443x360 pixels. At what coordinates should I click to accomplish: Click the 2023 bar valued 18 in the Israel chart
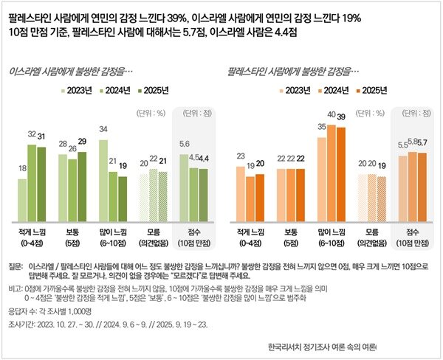(x=22, y=199)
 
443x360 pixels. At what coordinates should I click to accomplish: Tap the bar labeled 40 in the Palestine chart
(x=331, y=173)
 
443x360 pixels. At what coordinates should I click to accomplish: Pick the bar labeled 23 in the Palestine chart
(x=240, y=195)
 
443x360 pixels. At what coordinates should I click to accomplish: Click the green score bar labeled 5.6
(x=185, y=188)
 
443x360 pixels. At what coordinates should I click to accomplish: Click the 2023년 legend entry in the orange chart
(x=295, y=90)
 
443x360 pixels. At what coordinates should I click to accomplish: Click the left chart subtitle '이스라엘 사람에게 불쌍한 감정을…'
(x=69, y=73)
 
